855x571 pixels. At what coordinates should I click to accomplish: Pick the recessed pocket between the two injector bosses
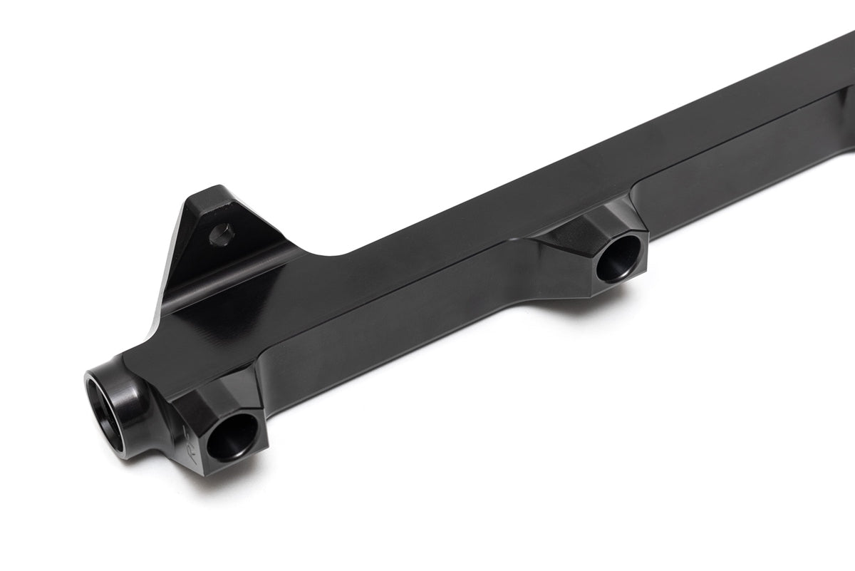click(399, 335)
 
